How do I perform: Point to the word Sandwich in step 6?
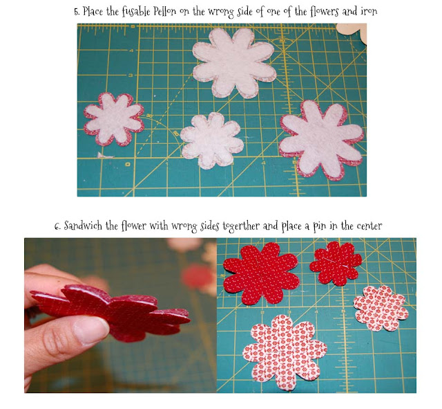(86, 226)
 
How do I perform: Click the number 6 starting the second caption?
(57, 226)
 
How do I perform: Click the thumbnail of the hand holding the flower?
(120, 316)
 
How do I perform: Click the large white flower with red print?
(283, 353)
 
